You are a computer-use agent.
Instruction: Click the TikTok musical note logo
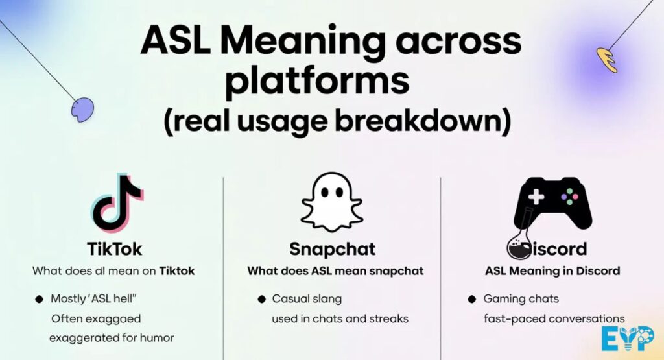click(x=117, y=203)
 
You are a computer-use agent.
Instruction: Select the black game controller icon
click(x=552, y=202)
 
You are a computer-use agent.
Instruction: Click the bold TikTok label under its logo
click(x=115, y=249)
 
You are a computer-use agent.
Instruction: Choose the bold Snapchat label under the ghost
click(x=332, y=249)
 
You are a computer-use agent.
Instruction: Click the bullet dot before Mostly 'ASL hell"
click(x=39, y=299)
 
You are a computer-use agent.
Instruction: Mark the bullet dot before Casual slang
click(x=261, y=299)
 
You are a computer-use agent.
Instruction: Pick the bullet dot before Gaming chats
click(x=472, y=299)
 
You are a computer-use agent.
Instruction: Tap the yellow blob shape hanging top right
click(x=607, y=59)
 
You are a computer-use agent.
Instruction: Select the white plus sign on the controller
click(x=536, y=196)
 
